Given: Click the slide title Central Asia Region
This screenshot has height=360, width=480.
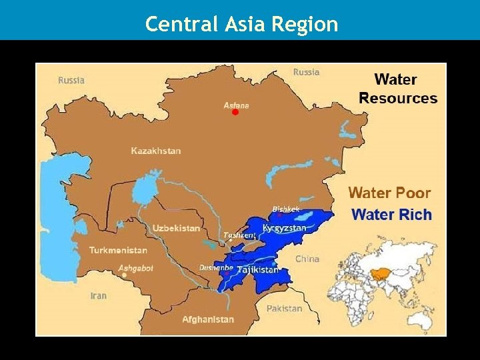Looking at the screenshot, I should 241,25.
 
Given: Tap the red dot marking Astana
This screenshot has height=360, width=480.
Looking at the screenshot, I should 235,113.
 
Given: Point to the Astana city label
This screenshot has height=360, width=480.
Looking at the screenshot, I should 236,105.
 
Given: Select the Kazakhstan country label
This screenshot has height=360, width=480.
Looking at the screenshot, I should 155,151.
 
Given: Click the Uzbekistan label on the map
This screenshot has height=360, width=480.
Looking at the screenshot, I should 176,228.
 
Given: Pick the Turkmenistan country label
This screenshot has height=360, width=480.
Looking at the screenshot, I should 118,250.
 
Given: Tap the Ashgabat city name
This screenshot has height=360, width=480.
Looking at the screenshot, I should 135,268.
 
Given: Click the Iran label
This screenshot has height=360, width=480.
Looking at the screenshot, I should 99,295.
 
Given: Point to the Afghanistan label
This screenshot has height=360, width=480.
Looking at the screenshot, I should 208,319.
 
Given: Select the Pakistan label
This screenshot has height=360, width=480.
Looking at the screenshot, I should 284,308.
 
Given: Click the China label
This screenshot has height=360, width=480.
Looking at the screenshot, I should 307,259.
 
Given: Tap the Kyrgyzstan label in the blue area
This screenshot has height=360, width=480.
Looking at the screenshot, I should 285,228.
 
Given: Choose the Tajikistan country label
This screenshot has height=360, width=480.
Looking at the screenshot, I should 257,269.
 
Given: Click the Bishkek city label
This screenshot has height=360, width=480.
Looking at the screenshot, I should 285,209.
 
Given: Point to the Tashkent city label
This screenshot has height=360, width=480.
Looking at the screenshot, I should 239,235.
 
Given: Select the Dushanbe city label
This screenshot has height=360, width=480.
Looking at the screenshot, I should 216,268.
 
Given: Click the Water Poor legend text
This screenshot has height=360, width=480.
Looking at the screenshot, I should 389,193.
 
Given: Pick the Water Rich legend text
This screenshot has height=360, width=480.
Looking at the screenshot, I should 391,215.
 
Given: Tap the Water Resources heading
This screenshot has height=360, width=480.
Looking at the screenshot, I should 397,89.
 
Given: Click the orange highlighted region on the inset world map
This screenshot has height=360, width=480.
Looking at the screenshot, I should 381,273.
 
